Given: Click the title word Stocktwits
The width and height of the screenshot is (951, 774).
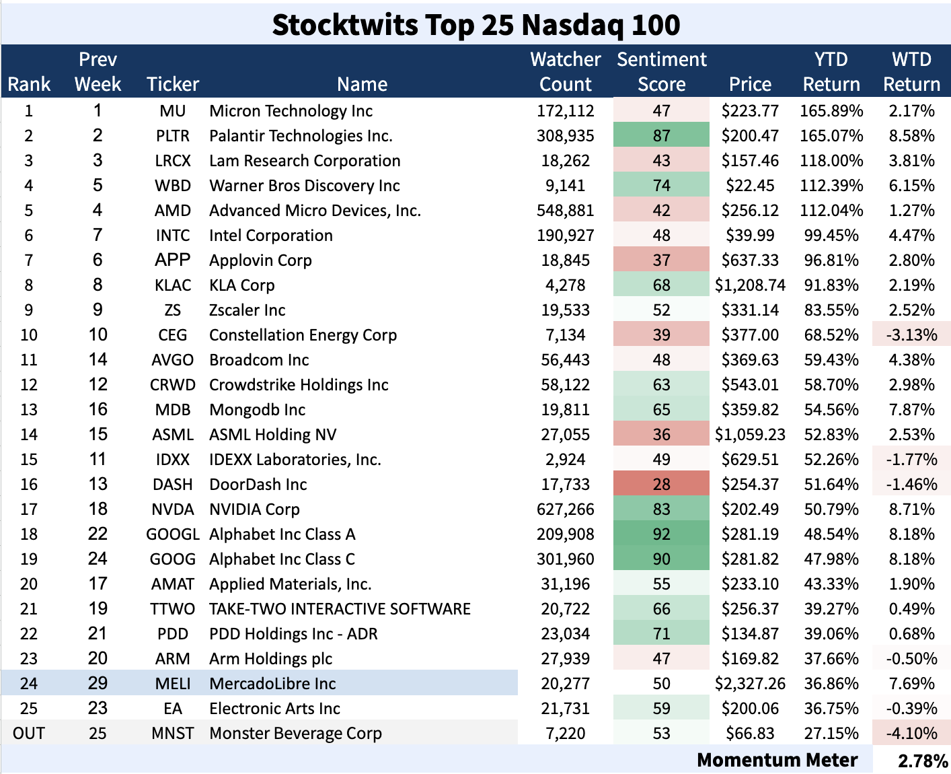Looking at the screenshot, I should tap(344, 25).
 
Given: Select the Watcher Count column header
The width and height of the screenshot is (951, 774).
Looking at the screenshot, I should tap(565, 71).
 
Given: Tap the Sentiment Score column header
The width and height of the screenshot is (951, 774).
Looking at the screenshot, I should tap(661, 71).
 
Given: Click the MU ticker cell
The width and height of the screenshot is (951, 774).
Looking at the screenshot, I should tap(173, 111).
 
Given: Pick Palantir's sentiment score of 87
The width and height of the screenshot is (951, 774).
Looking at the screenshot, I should tap(661, 136).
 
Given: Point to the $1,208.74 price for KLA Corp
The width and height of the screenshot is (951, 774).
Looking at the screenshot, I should tap(750, 285).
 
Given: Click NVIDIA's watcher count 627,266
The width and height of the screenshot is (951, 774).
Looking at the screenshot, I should tap(565, 509).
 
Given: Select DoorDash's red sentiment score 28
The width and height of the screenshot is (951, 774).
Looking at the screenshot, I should tap(661, 485).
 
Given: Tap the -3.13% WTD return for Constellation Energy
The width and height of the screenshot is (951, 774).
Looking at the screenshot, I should tap(911, 335).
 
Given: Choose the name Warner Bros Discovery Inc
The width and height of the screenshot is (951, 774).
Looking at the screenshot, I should tap(304, 186).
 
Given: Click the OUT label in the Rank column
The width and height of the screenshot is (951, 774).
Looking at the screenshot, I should tap(29, 734).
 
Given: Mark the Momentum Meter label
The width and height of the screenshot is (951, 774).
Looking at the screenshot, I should tap(777, 761).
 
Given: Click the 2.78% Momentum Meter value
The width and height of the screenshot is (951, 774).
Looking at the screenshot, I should tap(922, 761).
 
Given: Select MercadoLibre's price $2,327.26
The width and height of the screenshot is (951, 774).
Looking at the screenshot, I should tap(750, 684).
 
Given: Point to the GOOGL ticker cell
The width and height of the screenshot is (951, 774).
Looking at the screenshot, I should tap(173, 534).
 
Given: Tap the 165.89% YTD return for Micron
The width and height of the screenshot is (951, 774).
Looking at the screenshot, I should tap(831, 111).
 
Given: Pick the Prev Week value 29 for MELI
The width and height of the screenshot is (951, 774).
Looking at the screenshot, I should tap(98, 684).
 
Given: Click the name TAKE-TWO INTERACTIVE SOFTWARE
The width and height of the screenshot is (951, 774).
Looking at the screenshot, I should tap(340, 609).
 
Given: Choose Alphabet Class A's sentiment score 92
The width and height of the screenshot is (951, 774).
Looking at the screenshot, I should tap(661, 534).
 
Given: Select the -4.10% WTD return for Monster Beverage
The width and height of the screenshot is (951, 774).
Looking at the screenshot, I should tap(911, 734).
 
